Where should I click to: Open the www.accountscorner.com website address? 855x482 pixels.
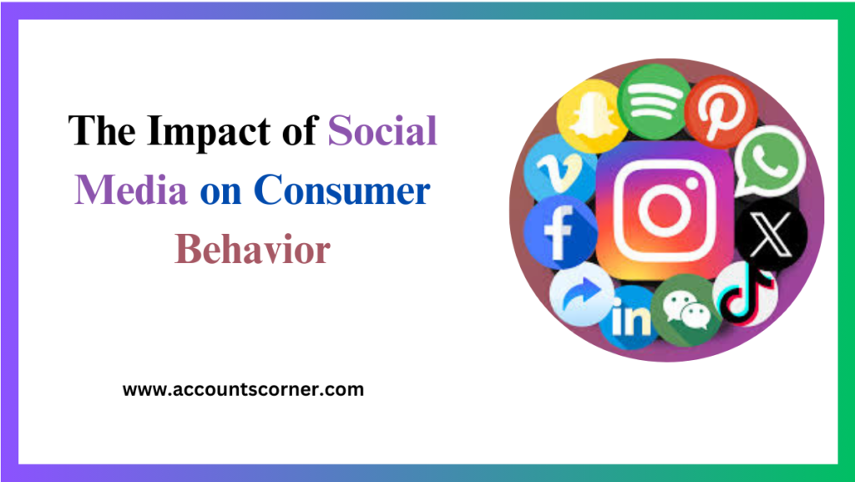pos(243,389)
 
